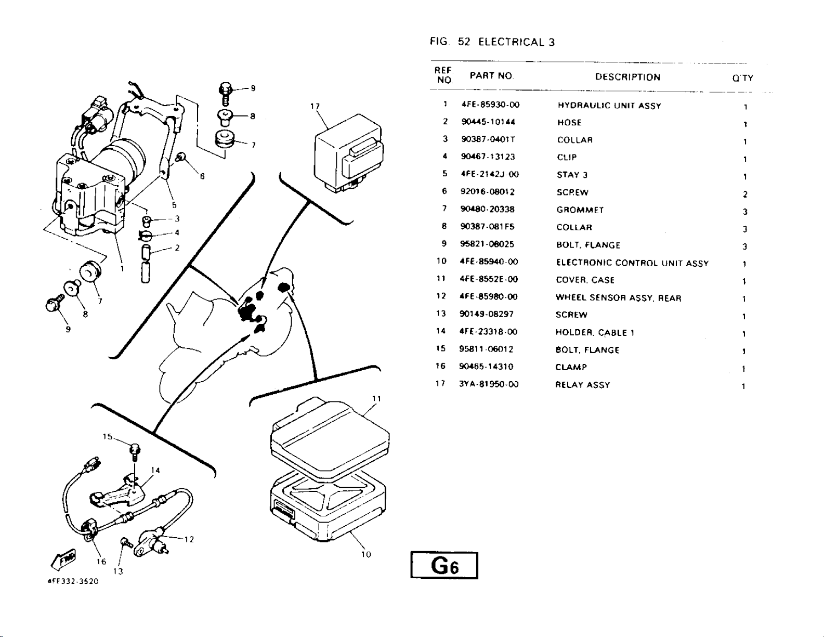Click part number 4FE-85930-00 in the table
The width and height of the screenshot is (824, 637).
(490, 105)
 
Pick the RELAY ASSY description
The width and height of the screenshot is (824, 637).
(582, 385)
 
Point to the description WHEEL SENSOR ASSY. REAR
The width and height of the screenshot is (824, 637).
(618, 298)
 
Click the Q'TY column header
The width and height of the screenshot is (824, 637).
(742, 79)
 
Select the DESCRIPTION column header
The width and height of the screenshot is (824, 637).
(627, 77)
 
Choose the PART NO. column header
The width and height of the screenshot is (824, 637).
(492, 76)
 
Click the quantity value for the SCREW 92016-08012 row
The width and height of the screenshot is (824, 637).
(745, 194)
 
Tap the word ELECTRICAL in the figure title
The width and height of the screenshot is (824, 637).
(512, 42)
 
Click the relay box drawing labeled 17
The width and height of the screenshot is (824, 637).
(348, 153)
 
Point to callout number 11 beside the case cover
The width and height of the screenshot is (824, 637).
(377, 399)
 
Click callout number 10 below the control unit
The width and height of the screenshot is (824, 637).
(366, 554)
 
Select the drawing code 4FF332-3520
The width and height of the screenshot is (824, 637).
(70, 581)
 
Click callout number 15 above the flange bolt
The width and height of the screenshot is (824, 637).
(108, 437)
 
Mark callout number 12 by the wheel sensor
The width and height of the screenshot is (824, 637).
(189, 539)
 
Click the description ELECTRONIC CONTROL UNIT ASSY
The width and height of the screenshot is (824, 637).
(632, 264)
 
